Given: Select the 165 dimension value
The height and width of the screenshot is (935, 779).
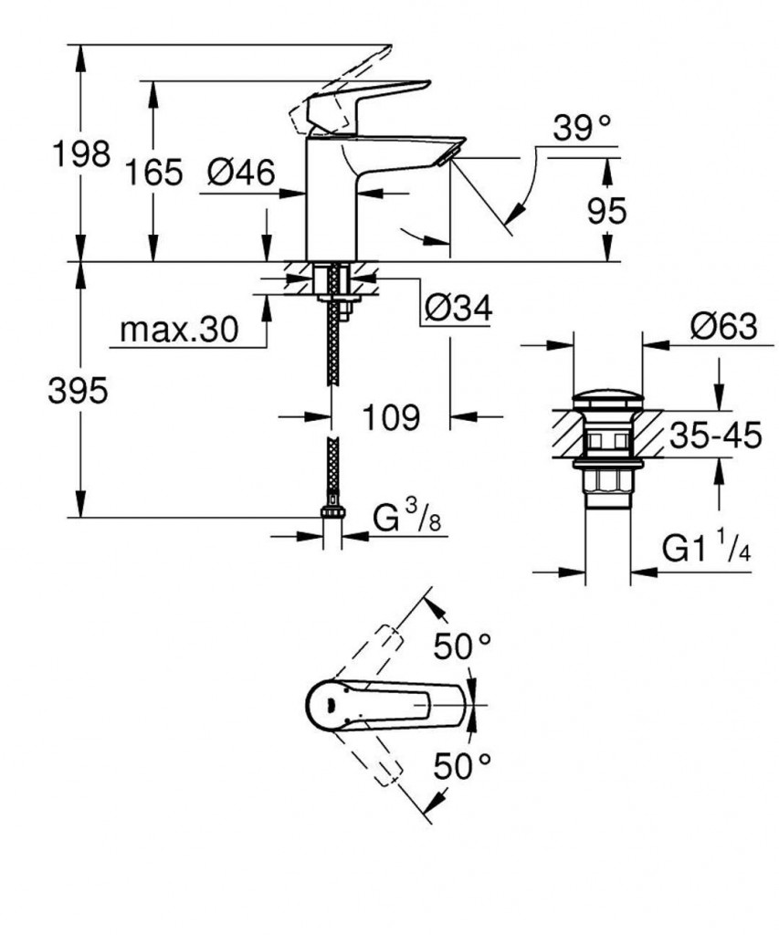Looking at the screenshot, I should click(x=153, y=171).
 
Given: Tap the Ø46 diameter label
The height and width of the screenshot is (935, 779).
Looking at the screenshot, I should click(x=240, y=171).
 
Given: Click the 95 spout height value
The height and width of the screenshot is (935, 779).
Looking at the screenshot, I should click(x=606, y=211).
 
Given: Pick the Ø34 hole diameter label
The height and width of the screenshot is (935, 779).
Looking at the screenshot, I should click(x=457, y=310).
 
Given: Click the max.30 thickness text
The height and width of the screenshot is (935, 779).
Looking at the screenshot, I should click(x=178, y=329).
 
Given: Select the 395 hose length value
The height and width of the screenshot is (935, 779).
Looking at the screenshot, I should click(x=79, y=391).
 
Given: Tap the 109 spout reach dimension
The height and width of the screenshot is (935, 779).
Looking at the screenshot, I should click(x=391, y=417).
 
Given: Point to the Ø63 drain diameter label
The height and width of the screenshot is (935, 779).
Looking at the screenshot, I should click(x=722, y=326).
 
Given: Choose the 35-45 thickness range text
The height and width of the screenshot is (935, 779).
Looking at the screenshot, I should click(x=715, y=436).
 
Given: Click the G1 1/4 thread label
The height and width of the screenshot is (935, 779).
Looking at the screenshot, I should click(x=706, y=551).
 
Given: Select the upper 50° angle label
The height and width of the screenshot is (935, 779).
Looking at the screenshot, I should click(x=462, y=648).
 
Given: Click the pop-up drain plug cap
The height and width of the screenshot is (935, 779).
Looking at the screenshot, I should click(x=608, y=399).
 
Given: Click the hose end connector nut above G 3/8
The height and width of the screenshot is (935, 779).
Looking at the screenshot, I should click(x=332, y=517).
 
